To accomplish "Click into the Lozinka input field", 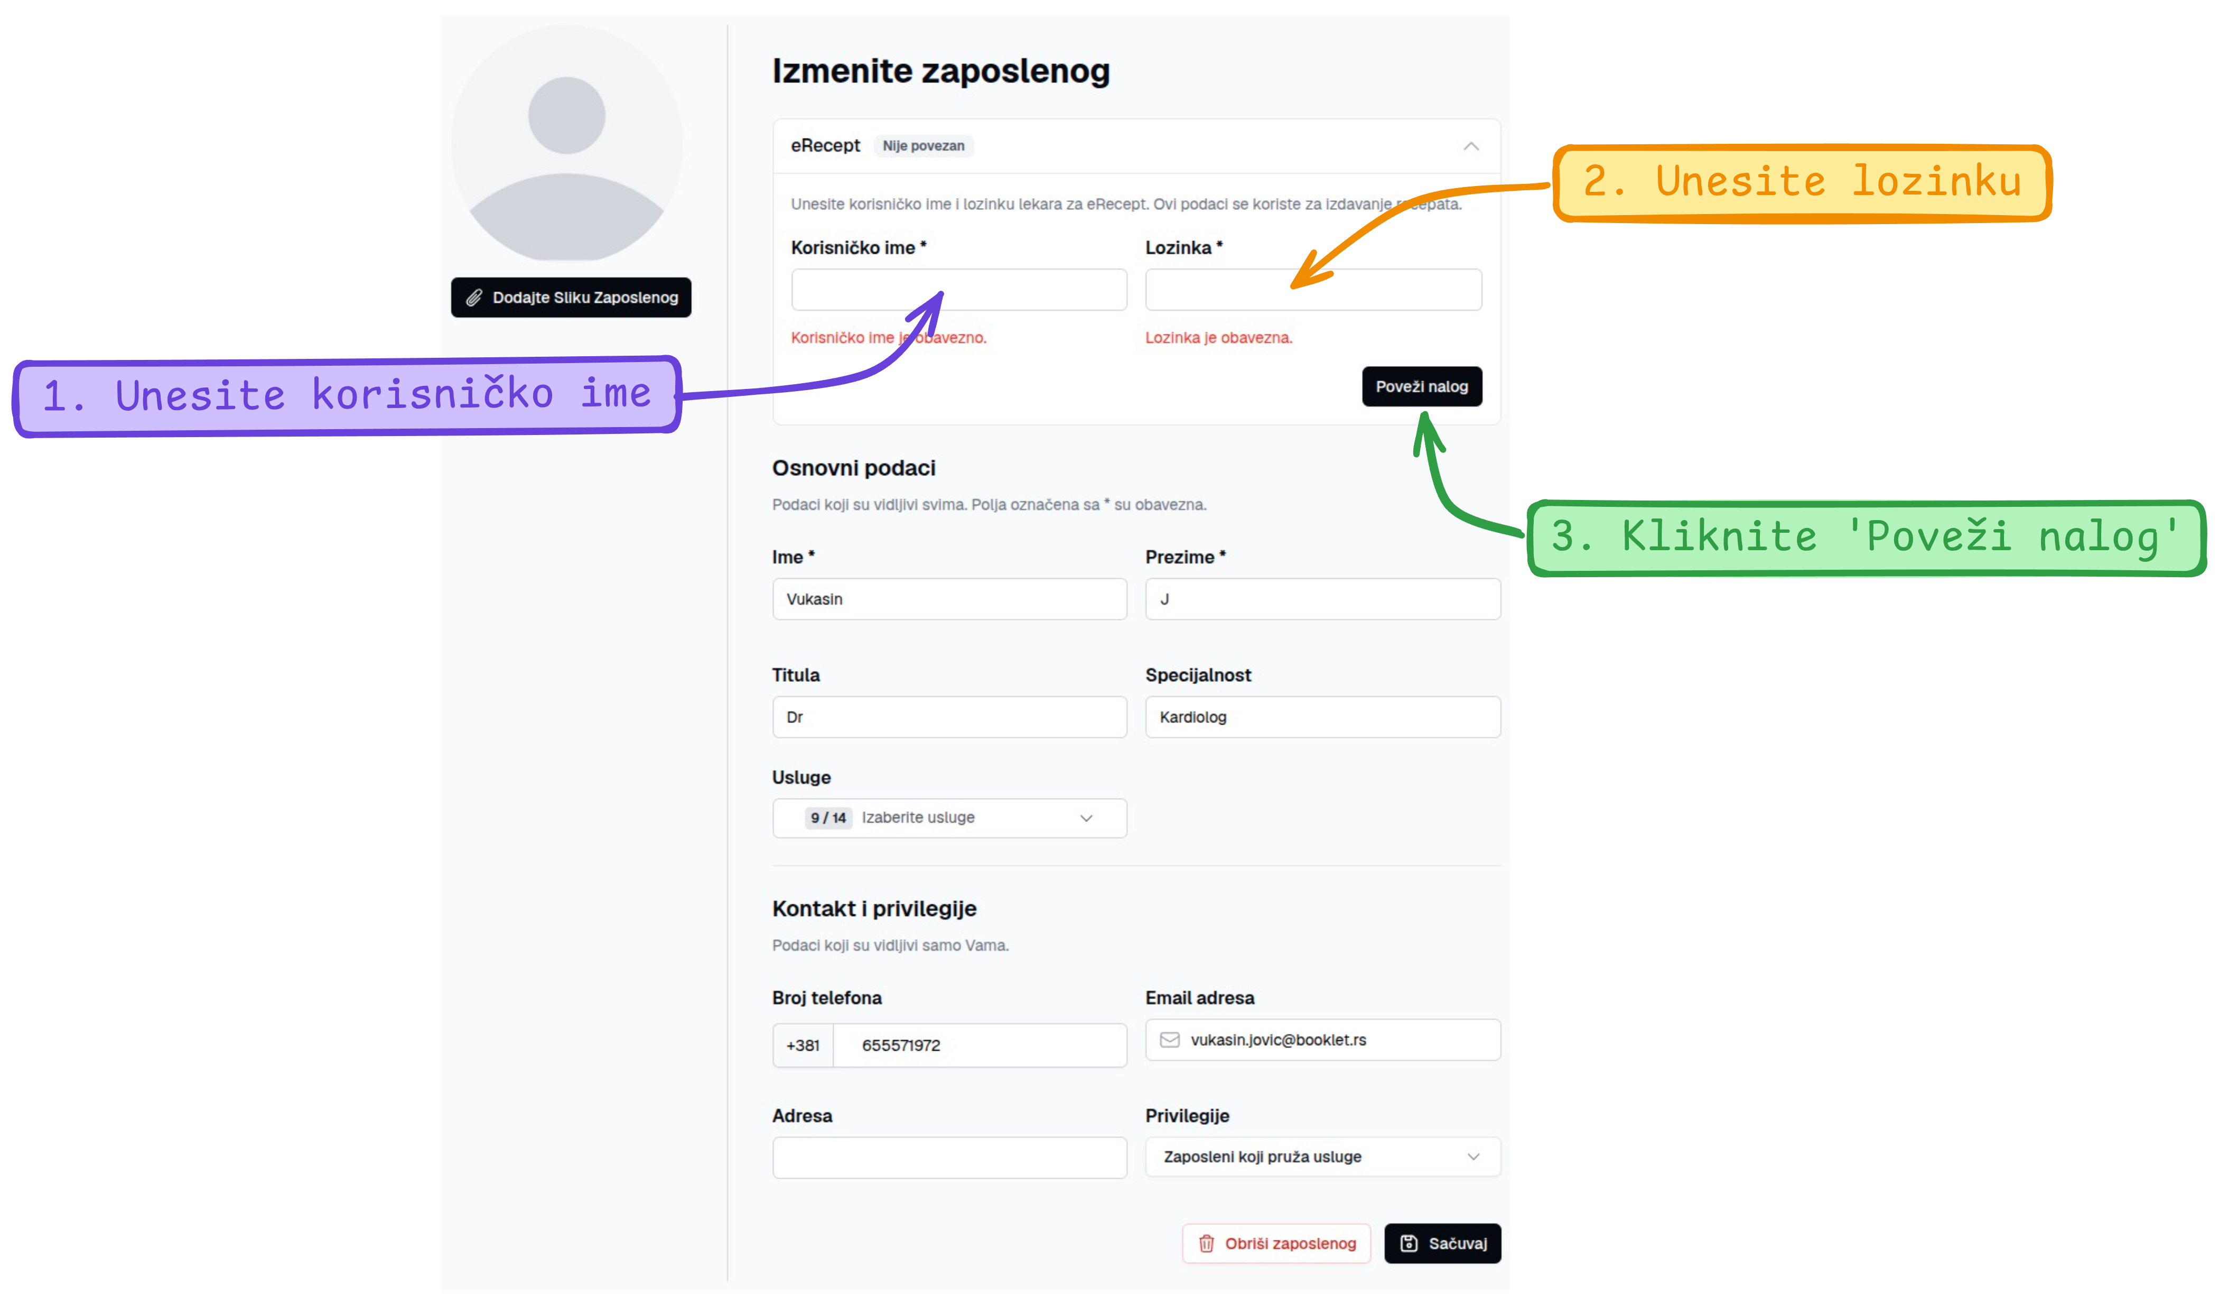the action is click(x=1313, y=290).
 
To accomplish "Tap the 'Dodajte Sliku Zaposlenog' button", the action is click(x=571, y=298).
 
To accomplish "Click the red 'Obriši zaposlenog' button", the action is click(x=1276, y=1244).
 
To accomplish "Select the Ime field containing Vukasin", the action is click(x=949, y=599).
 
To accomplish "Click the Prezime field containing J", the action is click(x=1322, y=599).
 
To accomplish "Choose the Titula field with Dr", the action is click(x=949, y=717).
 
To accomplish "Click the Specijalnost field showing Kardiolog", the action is click(x=1322, y=717).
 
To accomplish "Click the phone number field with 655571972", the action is click(x=979, y=1045).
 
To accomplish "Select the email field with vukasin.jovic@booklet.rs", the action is click(x=1322, y=1040).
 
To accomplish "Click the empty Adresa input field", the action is click(x=949, y=1157).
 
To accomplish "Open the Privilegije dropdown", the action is click(x=1322, y=1156).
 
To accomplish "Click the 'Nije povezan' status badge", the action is click(x=923, y=146).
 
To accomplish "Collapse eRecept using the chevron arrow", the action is click(x=1470, y=146).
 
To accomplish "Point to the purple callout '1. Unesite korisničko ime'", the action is click(x=347, y=395).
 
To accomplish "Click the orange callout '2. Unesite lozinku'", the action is click(x=1802, y=182).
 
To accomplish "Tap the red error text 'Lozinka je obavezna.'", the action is click(x=1219, y=337).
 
